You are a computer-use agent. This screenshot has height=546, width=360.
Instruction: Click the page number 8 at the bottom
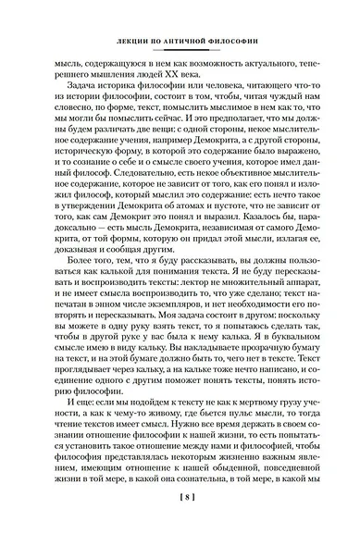180,522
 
